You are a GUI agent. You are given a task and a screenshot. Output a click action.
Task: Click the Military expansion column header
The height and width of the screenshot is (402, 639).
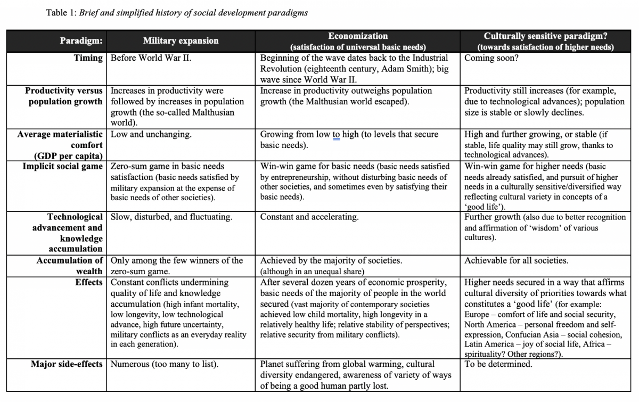point(181,41)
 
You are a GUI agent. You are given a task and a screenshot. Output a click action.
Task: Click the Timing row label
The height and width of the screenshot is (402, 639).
point(88,58)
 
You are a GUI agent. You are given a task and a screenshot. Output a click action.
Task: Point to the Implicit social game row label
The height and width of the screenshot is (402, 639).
point(62,167)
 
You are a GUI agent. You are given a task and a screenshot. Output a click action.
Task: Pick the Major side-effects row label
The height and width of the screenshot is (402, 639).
point(67,365)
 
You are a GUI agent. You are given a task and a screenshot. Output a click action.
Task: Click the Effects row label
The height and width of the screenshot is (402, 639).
point(89,282)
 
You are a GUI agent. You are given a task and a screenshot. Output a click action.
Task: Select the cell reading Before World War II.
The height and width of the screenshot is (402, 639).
point(151,58)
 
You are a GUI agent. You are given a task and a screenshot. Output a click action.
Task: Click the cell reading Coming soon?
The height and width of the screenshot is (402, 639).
point(491,58)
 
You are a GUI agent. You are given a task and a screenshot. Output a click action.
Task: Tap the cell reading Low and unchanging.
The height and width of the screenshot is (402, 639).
point(151,134)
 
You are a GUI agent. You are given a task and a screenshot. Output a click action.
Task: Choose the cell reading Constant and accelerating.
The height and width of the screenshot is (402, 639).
point(309,217)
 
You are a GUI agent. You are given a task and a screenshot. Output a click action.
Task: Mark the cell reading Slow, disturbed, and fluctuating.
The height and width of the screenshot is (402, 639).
point(171,217)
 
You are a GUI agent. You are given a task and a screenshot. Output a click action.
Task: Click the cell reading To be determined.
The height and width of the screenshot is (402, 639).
point(498,365)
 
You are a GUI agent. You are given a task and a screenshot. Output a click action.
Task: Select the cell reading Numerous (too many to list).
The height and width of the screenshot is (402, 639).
point(165,365)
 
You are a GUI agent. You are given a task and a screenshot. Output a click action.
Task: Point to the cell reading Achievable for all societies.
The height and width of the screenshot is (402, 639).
point(516,261)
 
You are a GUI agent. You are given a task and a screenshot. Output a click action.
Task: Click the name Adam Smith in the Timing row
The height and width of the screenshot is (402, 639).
point(403,69)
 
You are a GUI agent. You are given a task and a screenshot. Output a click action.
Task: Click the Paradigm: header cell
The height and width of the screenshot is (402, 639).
point(81,41)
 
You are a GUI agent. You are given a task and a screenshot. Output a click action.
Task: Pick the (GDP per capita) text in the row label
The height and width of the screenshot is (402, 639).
point(68,156)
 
